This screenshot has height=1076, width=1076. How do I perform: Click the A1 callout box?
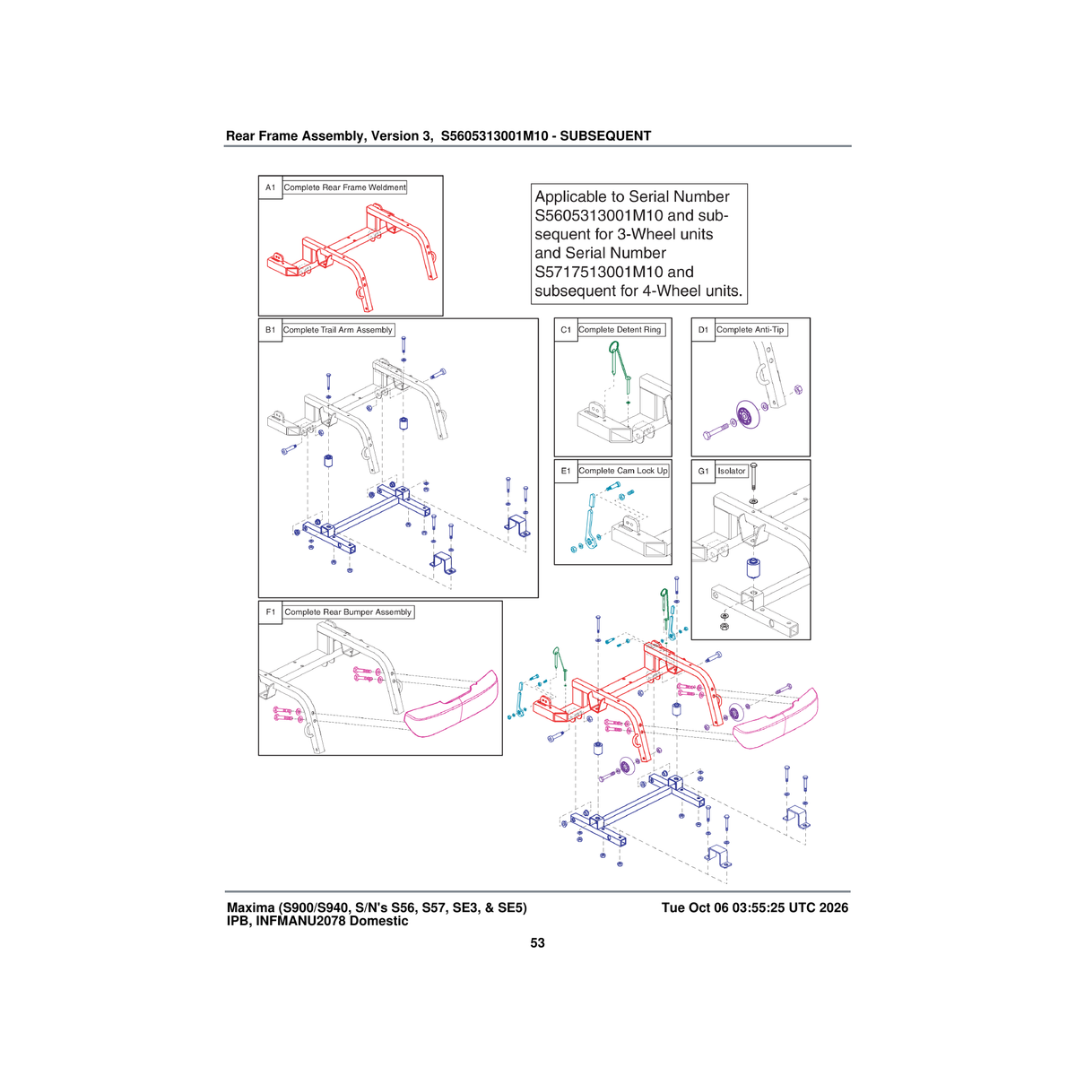[x=270, y=187]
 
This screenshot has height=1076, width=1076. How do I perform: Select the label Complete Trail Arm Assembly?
[x=338, y=330]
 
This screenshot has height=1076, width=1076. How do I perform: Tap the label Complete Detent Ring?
[x=620, y=330]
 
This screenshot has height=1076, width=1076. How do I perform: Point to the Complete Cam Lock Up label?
[x=622, y=471]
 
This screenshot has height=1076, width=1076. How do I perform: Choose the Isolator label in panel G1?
[x=732, y=472]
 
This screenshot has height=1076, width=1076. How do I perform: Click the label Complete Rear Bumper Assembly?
[x=348, y=612]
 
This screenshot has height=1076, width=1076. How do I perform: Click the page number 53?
[x=537, y=943]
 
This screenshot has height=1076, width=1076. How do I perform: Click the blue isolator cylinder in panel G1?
[x=754, y=568]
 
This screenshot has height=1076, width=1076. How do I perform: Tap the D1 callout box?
[x=703, y=330]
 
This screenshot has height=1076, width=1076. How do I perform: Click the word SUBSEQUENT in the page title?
[x=605, y=136]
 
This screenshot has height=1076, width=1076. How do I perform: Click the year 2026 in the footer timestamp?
[x=834, y=907]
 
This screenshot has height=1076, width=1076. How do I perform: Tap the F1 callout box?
[x=270, y=612]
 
